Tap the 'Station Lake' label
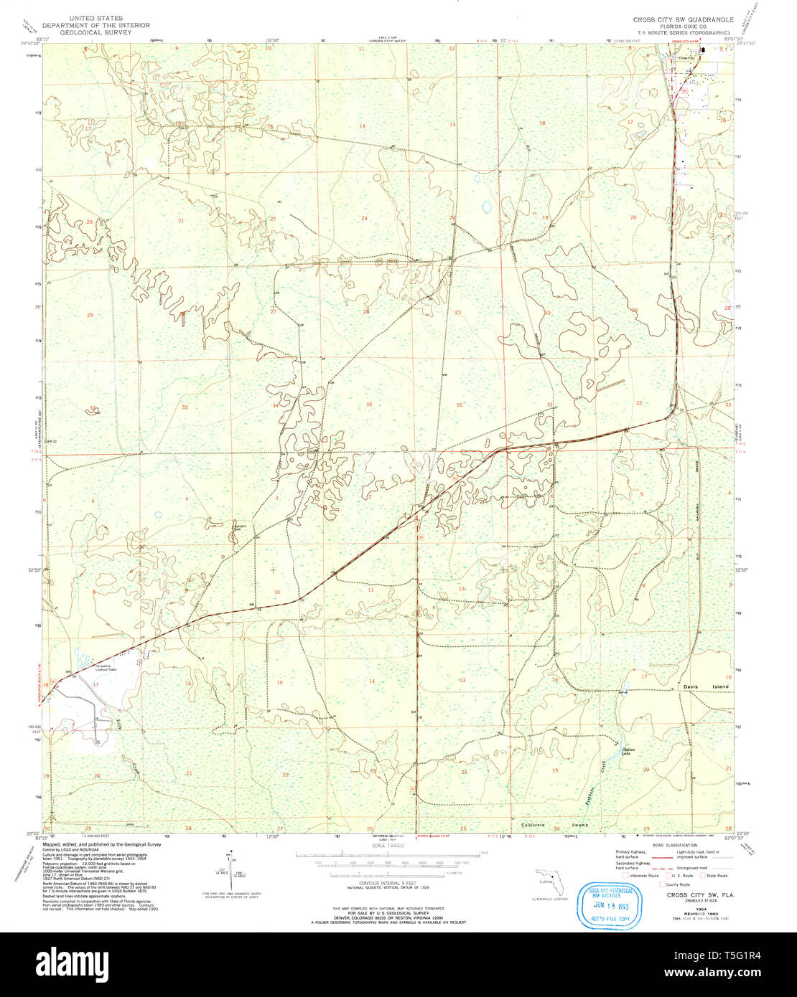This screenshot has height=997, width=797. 628,752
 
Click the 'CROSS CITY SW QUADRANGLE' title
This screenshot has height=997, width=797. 683,19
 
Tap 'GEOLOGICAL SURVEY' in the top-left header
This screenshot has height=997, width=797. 96,32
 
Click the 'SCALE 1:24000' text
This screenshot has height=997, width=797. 387,846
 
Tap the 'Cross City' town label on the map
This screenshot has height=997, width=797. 686,58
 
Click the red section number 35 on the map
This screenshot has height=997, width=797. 369,405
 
